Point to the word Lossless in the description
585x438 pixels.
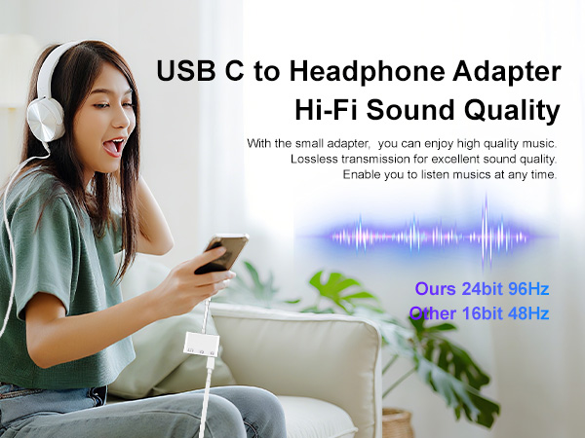[314, 159]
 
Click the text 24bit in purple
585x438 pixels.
[478, 289]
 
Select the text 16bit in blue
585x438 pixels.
[477, 313]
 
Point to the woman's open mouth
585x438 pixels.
[114, 146]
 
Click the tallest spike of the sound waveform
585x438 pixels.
[485, 234]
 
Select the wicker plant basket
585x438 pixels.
[398, 422]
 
